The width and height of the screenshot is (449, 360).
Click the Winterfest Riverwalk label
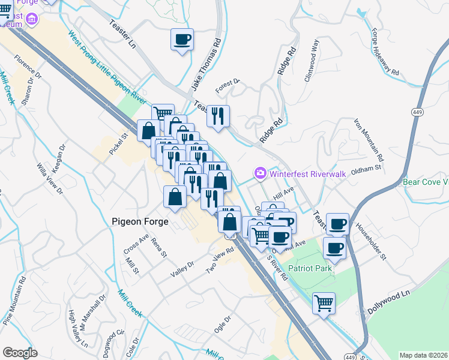(x=308, y=173)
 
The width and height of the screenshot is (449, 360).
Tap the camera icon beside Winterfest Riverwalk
(x=261, y=173)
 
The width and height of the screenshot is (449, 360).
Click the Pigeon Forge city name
(x=140, y=221)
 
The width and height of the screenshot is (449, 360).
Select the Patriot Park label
(x=310, y=268)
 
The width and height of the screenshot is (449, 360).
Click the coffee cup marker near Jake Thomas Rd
(x=182, y=40)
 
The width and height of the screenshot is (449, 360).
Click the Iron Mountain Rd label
(x=367, y=140)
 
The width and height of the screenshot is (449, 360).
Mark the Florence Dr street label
(x=28, y=68)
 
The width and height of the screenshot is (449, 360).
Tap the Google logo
(x=20, y=353)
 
